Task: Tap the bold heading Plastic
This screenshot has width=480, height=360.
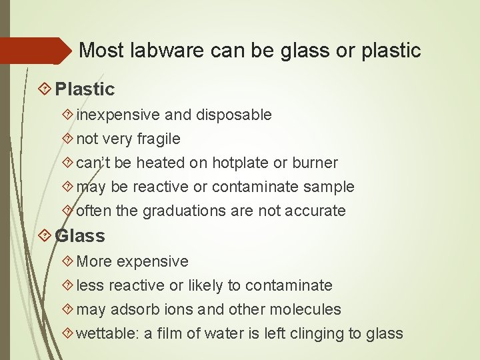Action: pyautogui.click(x=85, y=89)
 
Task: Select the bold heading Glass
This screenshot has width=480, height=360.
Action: pyautogui.click(x=80, y=235)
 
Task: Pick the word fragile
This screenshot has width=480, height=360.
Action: pyautogui.click(x=159, y=139)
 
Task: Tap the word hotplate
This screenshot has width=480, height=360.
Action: pyautogui.click(x=241, y=163)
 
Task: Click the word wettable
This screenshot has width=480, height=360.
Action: pyautogui.click(x=103, y=333)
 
